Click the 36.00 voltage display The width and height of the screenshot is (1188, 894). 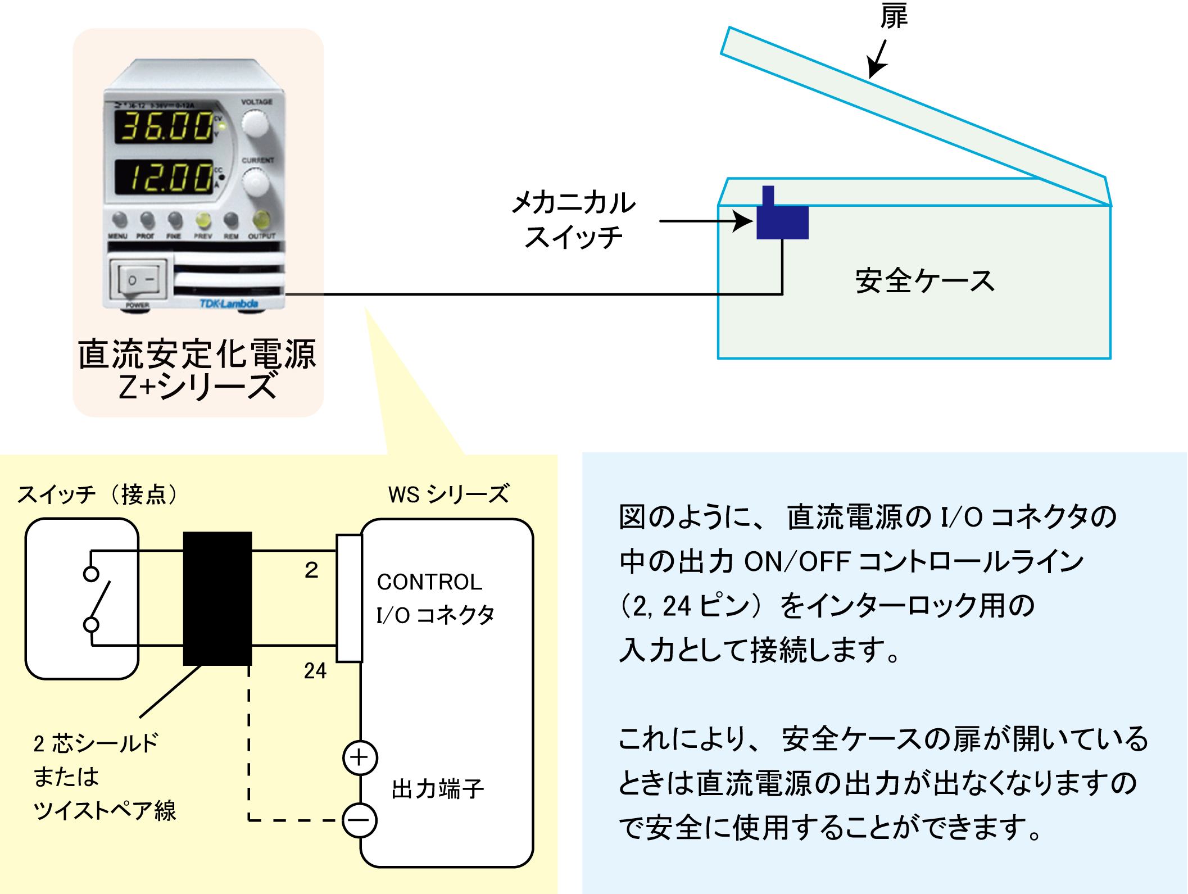tap(166, 126)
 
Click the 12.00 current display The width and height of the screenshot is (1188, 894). tap(166, 176)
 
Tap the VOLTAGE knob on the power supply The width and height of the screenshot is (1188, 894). tap(255, 124)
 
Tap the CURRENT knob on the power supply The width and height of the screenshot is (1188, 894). tap(256, 182)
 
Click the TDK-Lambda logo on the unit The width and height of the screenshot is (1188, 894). tap(229, 304)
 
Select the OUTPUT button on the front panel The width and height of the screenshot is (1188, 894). tap(261, 220)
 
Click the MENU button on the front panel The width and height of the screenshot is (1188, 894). tap(119, 220)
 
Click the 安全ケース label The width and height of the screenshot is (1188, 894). tap(924, 281)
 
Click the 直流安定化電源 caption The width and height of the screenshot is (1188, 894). tap(197, 354)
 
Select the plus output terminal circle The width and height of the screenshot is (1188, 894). tap(360, 757)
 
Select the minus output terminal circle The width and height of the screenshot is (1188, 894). tap(360, 820)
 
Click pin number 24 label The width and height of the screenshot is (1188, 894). tap(315, 670)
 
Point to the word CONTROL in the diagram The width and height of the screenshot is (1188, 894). tap(429, 582)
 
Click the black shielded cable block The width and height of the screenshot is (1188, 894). tap(217, 598)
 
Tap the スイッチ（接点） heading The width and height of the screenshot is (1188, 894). tap(98, 494)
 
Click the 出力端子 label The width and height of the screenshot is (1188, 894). tap(438, 789)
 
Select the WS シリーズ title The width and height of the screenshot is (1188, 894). tap(448, 494)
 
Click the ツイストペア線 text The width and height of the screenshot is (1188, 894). tap(105, 811)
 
